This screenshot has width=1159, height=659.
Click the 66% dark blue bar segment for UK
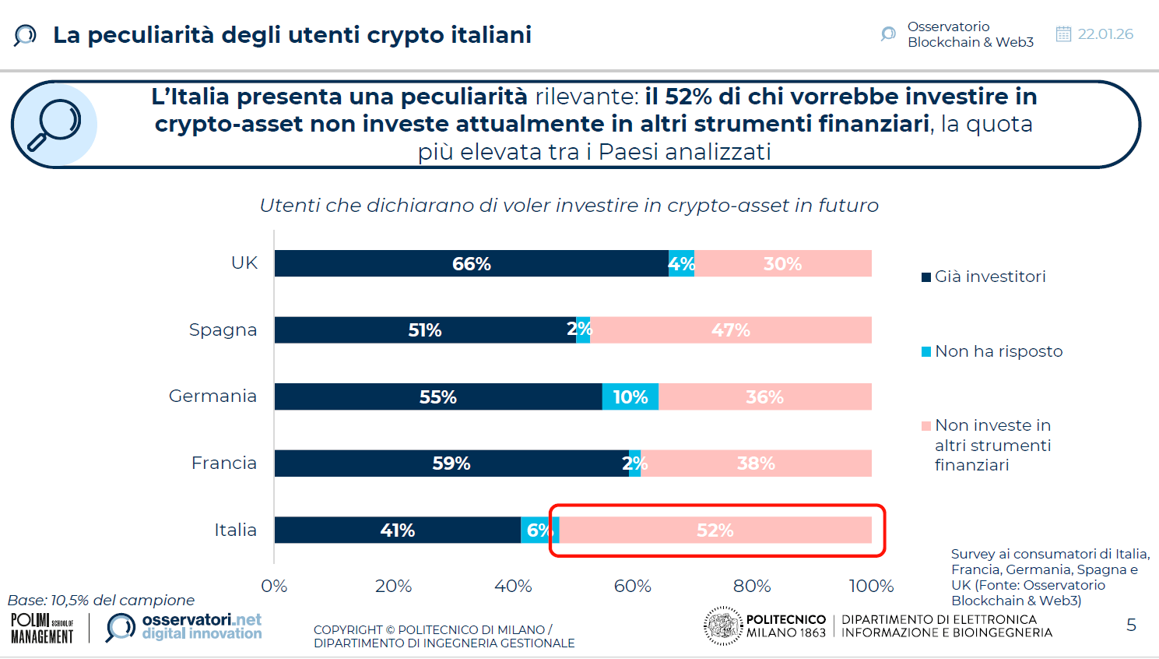coord(471,264)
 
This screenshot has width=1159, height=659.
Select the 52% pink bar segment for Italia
coord(715,530)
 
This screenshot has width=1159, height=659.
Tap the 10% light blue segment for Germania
coord(630,397)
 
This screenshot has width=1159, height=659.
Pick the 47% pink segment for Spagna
coord(730,330)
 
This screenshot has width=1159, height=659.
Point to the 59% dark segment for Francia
coord(451,463)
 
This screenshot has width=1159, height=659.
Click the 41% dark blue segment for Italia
coord(397,530)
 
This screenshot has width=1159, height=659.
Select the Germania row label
coord(212,396)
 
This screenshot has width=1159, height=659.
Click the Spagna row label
coord(223,329)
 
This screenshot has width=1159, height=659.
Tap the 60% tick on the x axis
coord(632,586)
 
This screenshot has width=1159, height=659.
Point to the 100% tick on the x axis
coord(870,586)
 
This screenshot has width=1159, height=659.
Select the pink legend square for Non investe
coord(926,426)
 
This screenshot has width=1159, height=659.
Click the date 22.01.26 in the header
coord(1105,34)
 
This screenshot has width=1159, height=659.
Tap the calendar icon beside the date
coord(1063,34)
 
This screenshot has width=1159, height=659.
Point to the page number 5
coord(1131,625)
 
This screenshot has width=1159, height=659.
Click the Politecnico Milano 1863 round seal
coord(723,626)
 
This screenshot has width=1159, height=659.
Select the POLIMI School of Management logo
coord(42,628)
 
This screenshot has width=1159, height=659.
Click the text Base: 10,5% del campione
coord(101,601)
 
